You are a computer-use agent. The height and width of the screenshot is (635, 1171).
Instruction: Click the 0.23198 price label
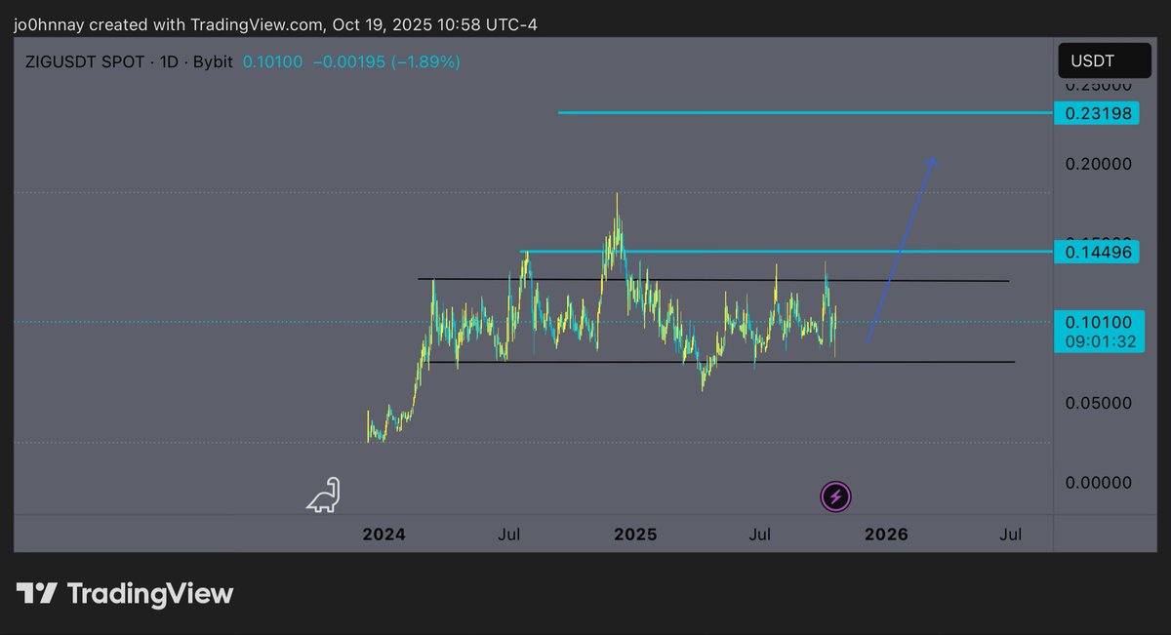[1098, 113]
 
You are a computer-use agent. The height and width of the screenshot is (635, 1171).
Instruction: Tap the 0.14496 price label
[1098, 253]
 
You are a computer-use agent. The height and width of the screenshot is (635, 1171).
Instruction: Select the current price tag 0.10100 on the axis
[1098, 323]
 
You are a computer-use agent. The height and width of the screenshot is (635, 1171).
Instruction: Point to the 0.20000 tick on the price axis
[1099, 164]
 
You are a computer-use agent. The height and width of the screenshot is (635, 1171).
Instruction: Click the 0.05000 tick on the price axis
[1099, 403]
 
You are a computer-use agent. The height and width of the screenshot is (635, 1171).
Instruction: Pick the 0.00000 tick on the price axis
[1099, 482]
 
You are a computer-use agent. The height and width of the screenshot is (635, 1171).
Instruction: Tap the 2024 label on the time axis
[384, 535]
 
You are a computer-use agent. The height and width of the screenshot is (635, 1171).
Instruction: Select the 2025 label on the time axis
[635, 535]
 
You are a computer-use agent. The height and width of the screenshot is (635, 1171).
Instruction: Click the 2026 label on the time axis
[886, 535]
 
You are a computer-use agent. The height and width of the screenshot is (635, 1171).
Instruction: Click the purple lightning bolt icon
[836, 497]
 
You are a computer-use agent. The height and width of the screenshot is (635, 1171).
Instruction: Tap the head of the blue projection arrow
[933, 161]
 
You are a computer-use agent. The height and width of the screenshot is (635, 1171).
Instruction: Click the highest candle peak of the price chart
[617, 195]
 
